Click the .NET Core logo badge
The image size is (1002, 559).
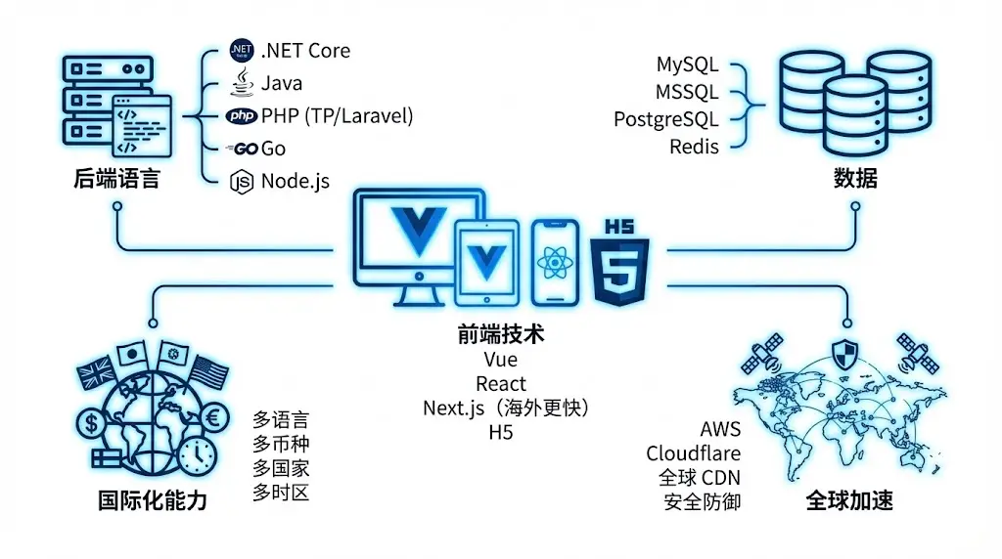click(241, 51)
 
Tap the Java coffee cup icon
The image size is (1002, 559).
click(241, 83)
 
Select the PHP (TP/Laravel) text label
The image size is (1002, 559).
click(337, 116)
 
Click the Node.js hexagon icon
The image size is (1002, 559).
click(241, 182)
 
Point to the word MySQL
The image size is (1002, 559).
click(687, 65)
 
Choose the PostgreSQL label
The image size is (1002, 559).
click(665, 119)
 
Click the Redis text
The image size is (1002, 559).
click(694, 147)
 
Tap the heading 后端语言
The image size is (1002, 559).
click(115, 180)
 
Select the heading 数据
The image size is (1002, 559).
click(854, 178)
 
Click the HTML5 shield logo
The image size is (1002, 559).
click(619, 264)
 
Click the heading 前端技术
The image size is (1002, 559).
click(500, 334)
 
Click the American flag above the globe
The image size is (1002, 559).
click(209, 371)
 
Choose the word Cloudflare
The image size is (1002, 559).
click(693, 453)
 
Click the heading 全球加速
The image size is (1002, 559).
click(848, 501)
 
